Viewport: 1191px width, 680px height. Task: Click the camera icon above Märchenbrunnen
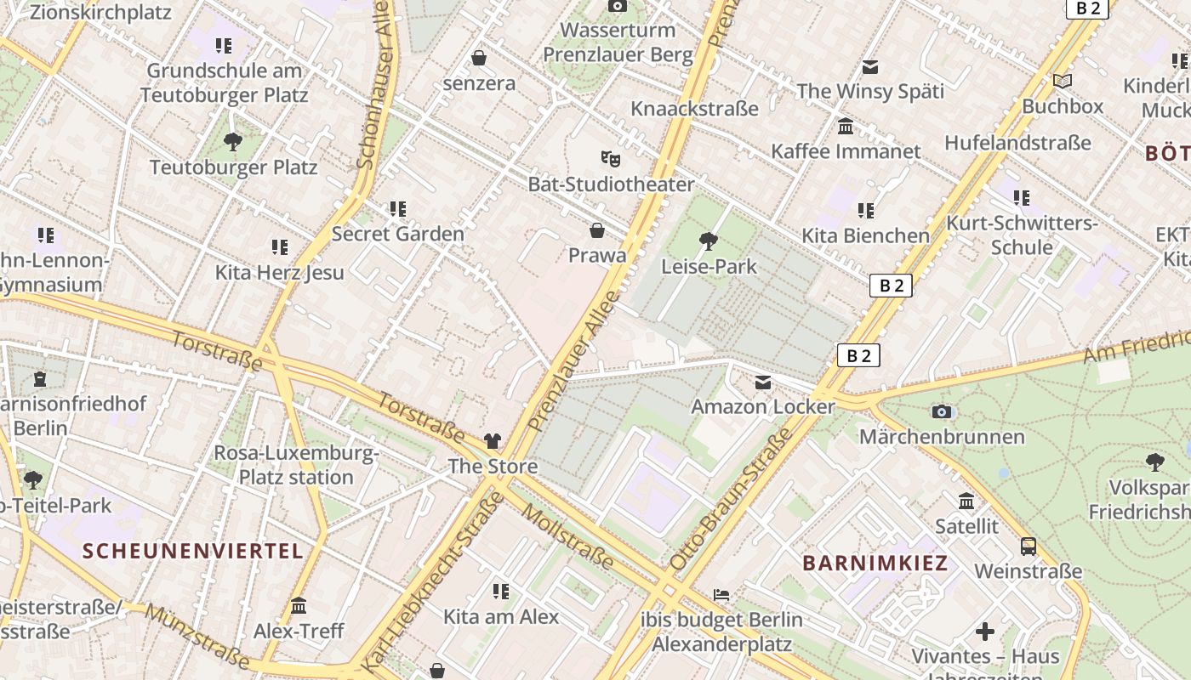coord(941,411)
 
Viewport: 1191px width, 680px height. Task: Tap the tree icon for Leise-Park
coord(708,241)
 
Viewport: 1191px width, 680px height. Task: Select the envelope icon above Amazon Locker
coord(763,382)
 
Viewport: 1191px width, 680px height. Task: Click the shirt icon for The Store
coord(493,440)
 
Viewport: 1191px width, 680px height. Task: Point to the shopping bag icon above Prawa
coord(597,230)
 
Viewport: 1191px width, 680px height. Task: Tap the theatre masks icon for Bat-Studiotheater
coord(610,158)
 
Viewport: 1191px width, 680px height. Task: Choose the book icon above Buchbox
coord(1062,81)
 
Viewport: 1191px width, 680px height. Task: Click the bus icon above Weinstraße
coord(1028,546)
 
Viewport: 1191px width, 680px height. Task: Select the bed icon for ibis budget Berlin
coord(721,594)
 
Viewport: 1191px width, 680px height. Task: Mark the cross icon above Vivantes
coord(985,632)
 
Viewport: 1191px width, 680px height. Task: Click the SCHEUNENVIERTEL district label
coord(192,551)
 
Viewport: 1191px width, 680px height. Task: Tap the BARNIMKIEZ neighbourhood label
coord(875,563)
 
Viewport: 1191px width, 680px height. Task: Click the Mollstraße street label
coord(567,536)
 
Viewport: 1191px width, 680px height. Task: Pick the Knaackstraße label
coord(694,109)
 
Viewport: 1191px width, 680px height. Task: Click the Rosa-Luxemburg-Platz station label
coord(295,465)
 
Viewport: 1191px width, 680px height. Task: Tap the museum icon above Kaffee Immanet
coord(846,127)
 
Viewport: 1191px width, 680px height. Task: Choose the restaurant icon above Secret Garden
coord(397,208)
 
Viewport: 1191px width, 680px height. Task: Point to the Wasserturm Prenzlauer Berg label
coord(618,42)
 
